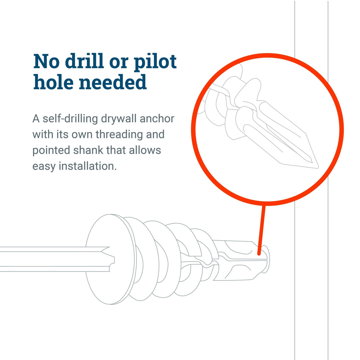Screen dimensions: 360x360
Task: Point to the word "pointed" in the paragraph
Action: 51,150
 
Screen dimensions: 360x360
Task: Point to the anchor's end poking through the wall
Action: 265,259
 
